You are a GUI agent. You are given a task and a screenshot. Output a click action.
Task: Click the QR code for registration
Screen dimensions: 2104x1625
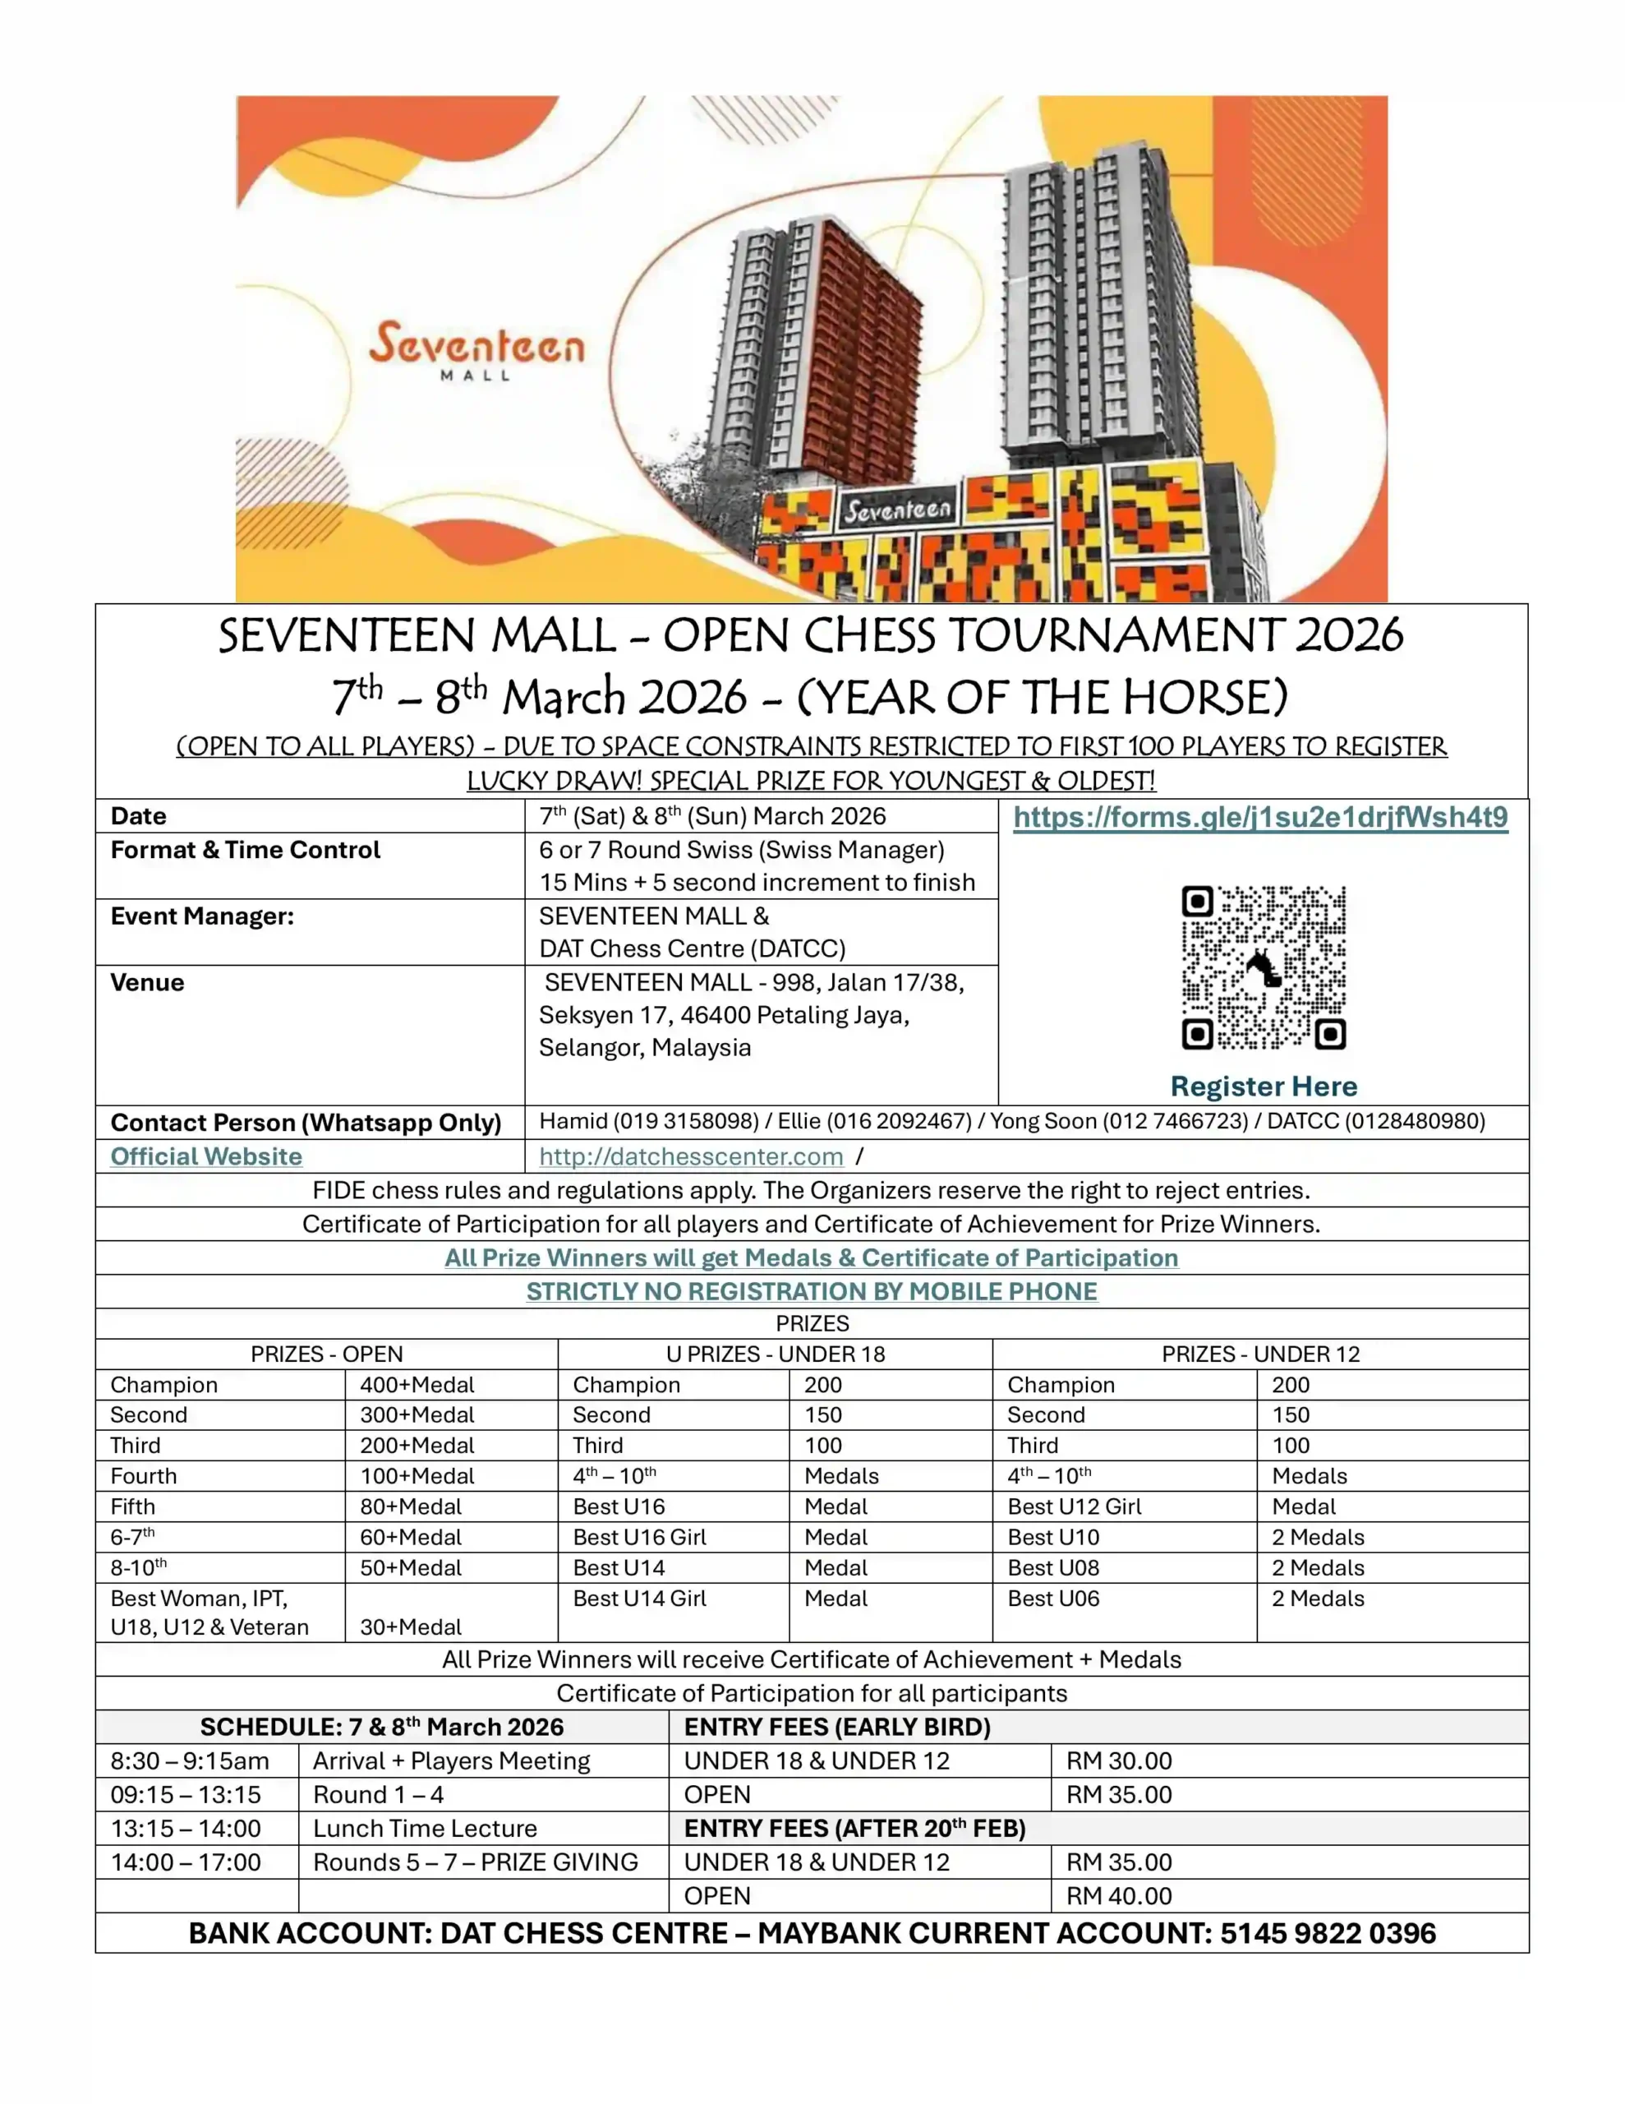tap(1263, 967)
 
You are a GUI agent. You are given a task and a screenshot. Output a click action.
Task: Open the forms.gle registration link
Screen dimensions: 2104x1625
tap(1260, 818)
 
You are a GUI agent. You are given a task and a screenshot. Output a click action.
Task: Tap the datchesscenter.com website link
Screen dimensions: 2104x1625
tap(691, 1156)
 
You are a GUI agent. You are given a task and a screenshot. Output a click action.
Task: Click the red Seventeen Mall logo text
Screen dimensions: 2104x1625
tap(476, 345)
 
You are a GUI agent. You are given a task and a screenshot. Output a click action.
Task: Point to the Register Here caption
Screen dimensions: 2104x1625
tap(1263, 1086)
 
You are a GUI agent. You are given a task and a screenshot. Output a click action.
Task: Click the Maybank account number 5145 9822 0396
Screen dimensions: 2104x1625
tap(1328, 1934)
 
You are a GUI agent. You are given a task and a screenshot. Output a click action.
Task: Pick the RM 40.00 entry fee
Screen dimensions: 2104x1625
tap(1118, 1896)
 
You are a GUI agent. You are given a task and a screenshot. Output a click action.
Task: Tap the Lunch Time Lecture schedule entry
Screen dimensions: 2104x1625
tap(425, 1829)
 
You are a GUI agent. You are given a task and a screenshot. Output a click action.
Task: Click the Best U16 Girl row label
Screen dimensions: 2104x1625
tap(638, 1537)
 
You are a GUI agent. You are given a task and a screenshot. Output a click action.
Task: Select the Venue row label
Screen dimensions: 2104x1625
tap(147, 983)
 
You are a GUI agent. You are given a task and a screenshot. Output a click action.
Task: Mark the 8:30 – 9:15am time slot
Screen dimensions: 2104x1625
tap(190, 1761)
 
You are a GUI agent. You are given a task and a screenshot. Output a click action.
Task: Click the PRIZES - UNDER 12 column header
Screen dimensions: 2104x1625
tap(1260, 1354)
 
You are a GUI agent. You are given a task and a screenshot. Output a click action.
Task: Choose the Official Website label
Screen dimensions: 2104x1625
tap(206, 1156)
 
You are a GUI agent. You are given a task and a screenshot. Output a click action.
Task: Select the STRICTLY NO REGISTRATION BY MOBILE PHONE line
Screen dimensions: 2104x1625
tap(811, 1291)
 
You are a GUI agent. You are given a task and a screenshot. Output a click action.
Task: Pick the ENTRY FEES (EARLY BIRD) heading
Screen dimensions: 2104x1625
tap(837, 1728)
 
